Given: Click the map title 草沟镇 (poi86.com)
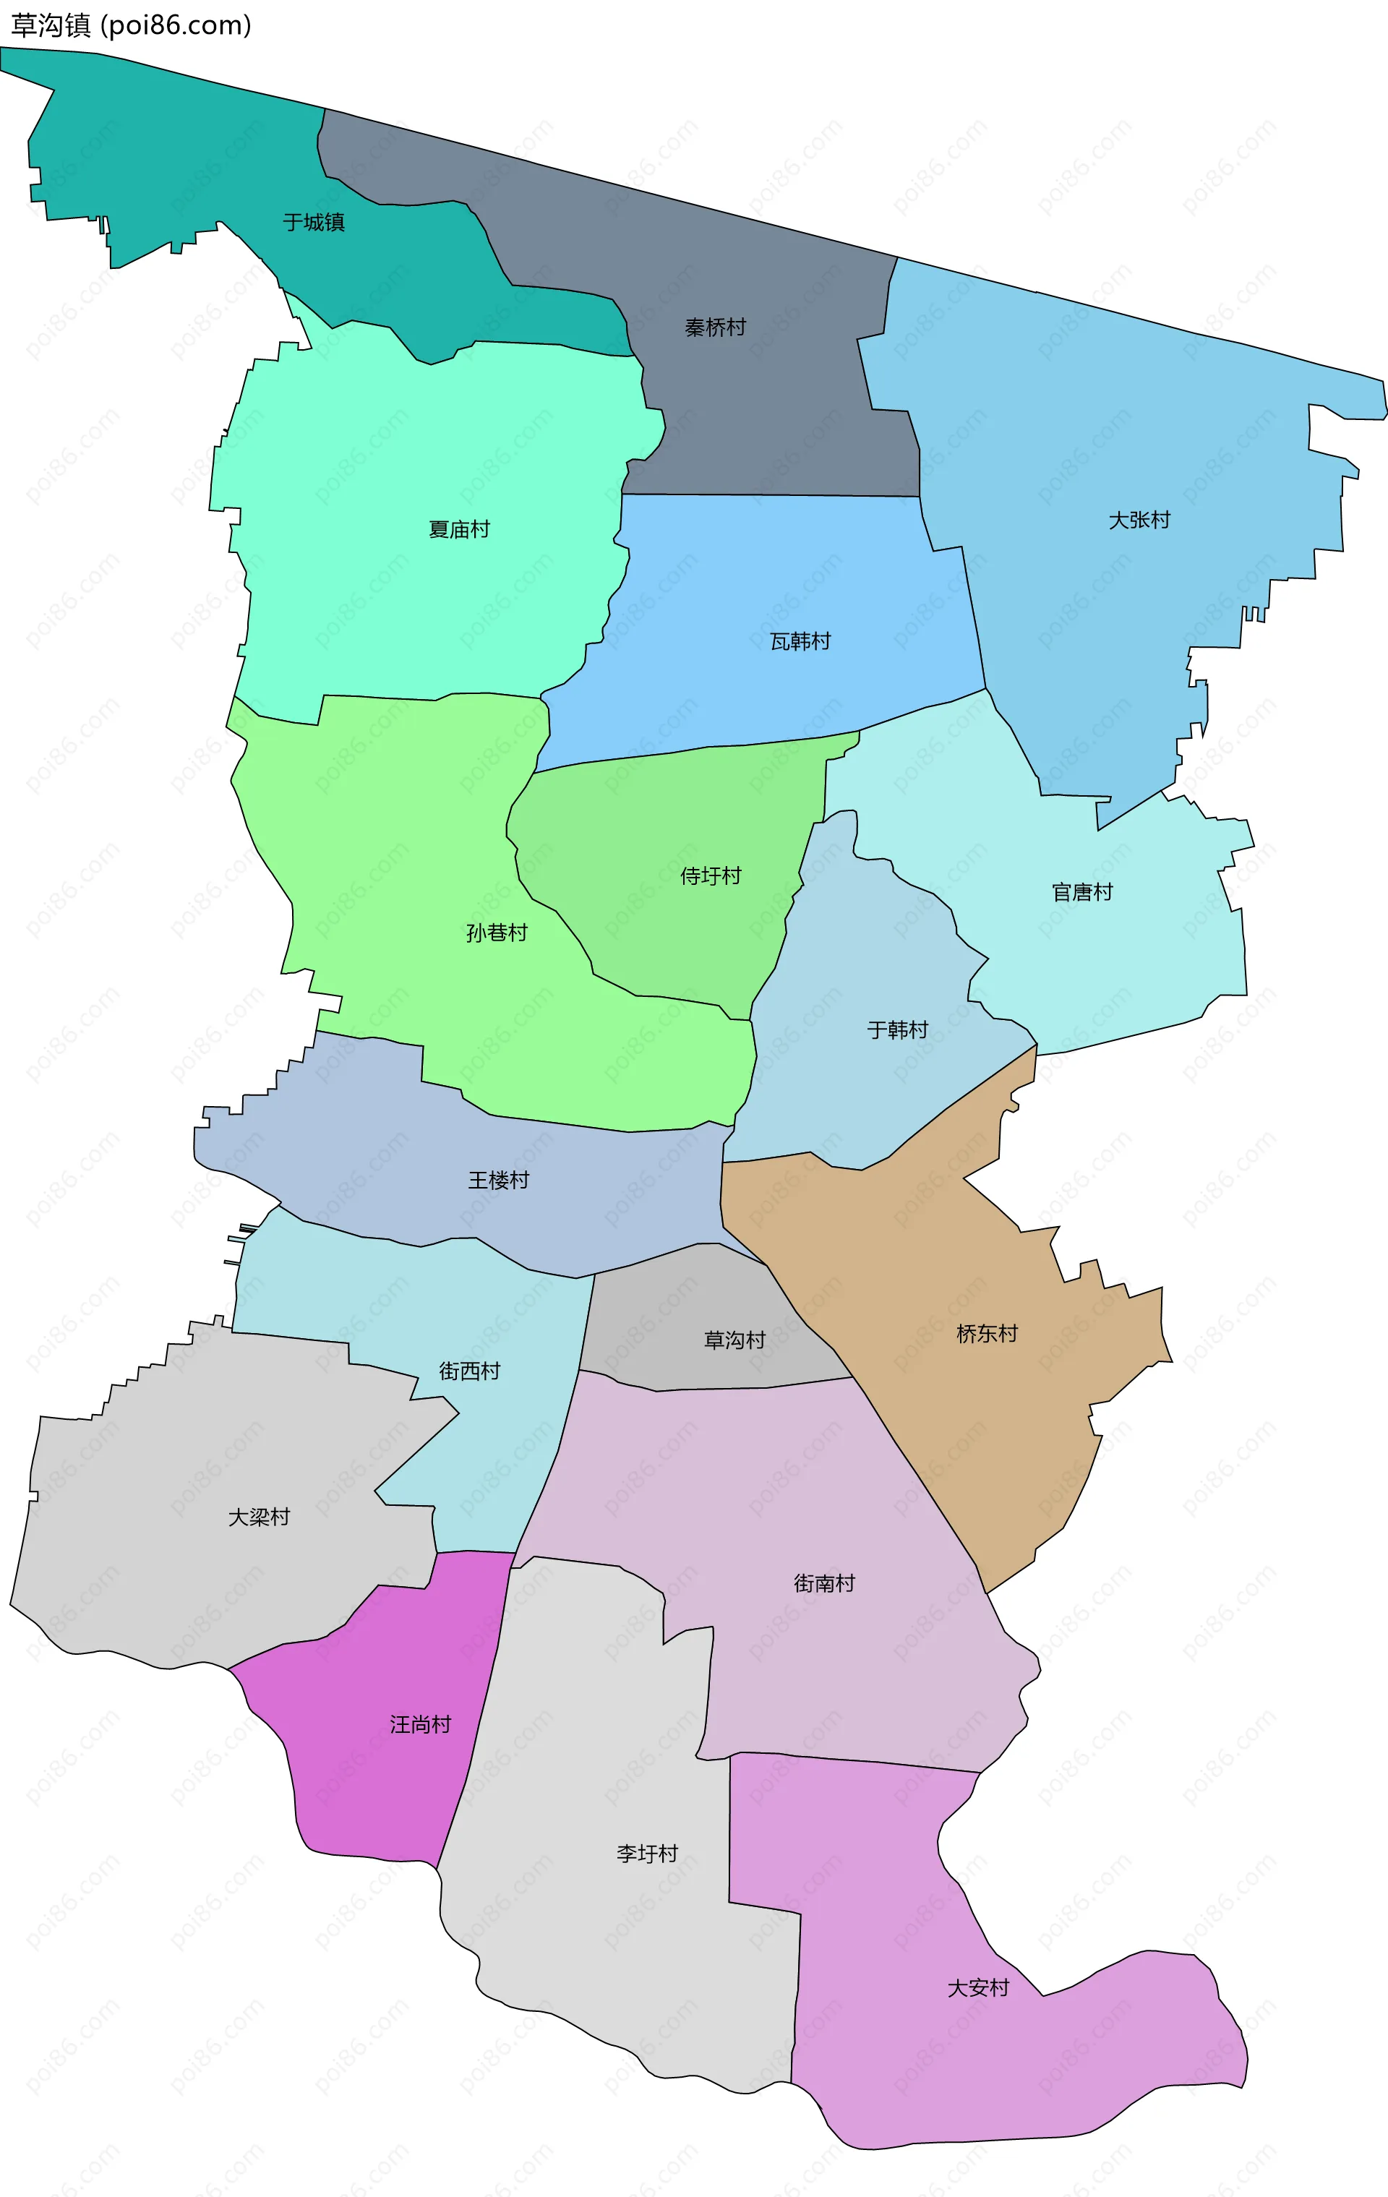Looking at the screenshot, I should point(131,25).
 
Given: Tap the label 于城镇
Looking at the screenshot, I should point(313,222).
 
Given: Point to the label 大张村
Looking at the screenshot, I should point(1139,520).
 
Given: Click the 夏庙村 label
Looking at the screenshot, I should point(459,529).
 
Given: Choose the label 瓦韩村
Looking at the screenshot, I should point(800,641).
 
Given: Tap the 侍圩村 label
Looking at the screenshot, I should point(710,876).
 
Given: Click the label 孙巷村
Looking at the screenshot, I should point(497,933).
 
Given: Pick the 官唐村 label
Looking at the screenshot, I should point(1081,891).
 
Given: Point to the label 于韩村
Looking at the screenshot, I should point(897,1030).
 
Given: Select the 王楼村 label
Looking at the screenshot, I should point(498,1180).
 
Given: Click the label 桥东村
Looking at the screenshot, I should point(987,1333).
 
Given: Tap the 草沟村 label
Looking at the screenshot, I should point(734,1340).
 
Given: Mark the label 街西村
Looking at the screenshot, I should point(469,1371).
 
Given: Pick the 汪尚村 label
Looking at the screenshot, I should point(420,1724).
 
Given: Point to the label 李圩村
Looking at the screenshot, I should point(647,1853).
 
